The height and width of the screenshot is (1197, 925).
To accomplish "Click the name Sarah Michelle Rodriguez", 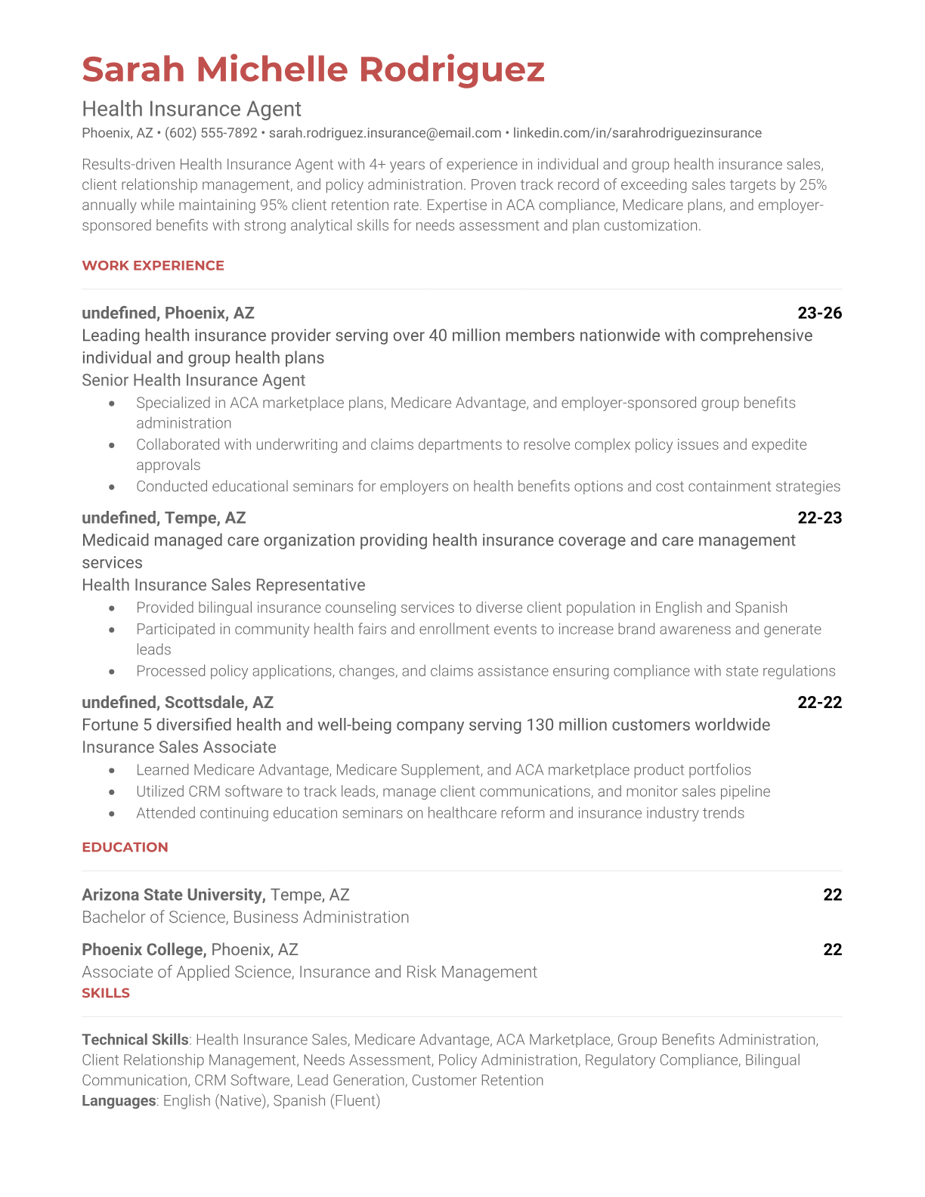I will tap(313, 70).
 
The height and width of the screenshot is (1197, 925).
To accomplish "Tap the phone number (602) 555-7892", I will tap(211, 133).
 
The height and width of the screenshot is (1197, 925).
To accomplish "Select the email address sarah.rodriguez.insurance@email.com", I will tap(385, 133).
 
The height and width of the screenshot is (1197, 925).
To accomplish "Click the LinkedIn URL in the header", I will tap(637, 133).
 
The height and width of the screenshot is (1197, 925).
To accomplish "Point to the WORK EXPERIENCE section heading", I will tap(153, 265).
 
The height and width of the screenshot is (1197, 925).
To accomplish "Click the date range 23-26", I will tap(819, 313).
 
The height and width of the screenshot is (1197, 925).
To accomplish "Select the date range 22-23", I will tap(819, 518).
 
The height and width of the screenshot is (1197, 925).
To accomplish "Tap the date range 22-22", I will tap(819, 702).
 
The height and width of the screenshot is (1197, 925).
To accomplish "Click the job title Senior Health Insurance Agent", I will tap(193, 380).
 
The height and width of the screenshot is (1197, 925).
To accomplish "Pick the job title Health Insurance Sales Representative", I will tap(223, 585).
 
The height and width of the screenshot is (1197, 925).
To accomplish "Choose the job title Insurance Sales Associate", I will tap(179, 747).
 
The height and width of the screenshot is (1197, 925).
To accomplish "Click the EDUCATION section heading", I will tap(125, 847).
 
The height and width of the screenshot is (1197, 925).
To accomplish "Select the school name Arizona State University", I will tap(173, 895).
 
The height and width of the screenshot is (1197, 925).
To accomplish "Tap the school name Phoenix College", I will tap(144, 949).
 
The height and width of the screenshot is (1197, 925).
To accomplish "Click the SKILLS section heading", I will tap(106, 993).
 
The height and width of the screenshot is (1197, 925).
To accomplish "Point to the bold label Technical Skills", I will tap(135, 1040).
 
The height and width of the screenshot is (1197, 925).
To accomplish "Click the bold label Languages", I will tap(119, 1101).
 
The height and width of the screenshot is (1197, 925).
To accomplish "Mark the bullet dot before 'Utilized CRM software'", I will tap(112, 792).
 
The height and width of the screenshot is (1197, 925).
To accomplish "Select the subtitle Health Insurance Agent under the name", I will tap(191, 109).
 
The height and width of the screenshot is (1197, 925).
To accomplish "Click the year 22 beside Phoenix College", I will tap(832, 949).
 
